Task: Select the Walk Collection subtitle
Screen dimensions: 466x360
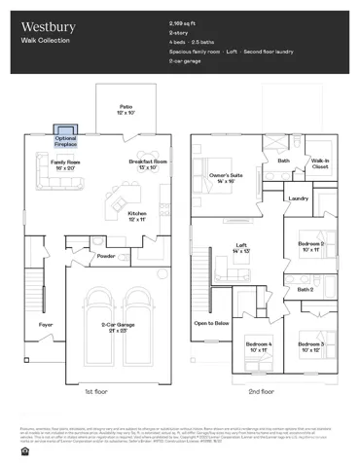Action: click(x=41, y=44)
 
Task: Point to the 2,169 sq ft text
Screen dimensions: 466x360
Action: click(x=182, y=21)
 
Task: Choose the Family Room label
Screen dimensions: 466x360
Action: click(x=66, y=164)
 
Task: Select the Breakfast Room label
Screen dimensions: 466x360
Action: click(x=147, y=164)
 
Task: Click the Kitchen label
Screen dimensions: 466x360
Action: click(x=137, y=216)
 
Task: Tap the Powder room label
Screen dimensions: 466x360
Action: click(x=106, y=257)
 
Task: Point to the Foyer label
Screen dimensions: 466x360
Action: click(x=46, y=324)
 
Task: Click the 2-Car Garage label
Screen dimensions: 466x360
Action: click(x=118, y=329)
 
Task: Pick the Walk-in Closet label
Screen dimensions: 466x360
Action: click(x=320, y=163)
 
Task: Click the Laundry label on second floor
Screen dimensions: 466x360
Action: click(x=299, y=198)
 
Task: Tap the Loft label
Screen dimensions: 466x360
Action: click(x=241, y=248)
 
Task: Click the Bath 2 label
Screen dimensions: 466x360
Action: click(x=305, y=289)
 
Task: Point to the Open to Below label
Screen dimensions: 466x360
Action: click(x=211, y=322)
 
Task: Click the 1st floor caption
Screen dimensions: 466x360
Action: click(x=95, y=391)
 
